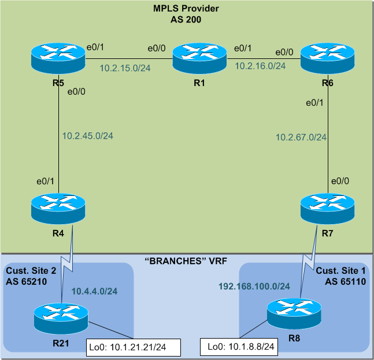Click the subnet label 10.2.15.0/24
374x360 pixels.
coord(125,68)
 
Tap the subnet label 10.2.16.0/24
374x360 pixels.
coord(260,66)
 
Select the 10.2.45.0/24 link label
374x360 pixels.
coord(88,136)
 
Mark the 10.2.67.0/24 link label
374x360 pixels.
coord(301,137)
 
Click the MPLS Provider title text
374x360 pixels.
coord(186,9)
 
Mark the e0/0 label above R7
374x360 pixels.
coord(339,181)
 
